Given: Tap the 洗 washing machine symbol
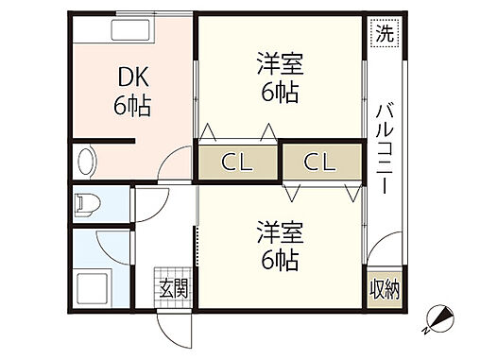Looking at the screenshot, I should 384,34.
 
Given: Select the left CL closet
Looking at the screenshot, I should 238,162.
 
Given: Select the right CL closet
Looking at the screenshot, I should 320,162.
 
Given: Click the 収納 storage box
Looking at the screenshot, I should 384,289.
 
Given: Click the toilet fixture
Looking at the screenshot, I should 88,203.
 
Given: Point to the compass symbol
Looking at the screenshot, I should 441,321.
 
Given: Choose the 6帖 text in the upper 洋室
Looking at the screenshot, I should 279,93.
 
